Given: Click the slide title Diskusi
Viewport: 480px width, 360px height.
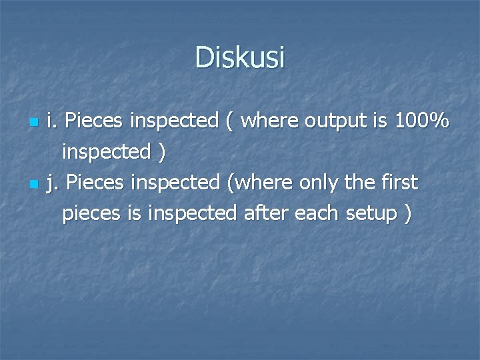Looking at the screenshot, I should pyautogui.click(x=240, y=57).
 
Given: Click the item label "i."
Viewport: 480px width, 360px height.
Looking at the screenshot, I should pyautogui.click(x=52, y=121).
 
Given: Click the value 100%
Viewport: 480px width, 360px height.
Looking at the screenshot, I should pyautogui.click(x=421, y=121).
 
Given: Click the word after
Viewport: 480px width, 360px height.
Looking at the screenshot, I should pyautogui.click(x=266, y=213).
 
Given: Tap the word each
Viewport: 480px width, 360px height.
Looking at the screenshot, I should pyautogui.click(x=319, y=213).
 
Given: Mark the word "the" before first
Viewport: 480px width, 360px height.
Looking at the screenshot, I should pyautogui.click(x=355, y=181).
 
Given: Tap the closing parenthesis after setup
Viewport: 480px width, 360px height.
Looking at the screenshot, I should pyautogui.click(x=407, y=214).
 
